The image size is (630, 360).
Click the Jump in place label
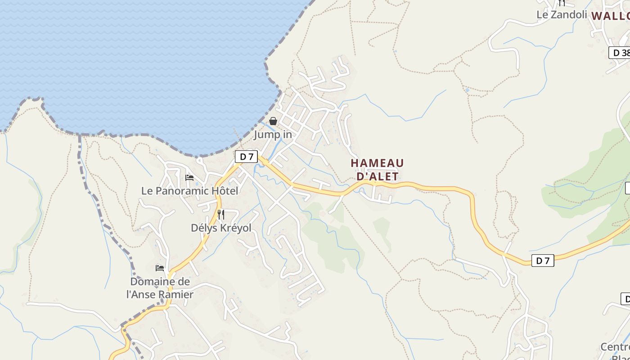(x=273, y=135)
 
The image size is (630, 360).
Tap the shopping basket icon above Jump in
(x=273, y=121)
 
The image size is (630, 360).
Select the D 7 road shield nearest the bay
(x=246, y=157)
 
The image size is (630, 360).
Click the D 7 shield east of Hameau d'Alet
(x=543, y=261)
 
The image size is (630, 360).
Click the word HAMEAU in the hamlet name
(x=377, y=163)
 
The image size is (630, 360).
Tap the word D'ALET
(x=378, y=176)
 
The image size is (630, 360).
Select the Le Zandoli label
(x=562, y=15)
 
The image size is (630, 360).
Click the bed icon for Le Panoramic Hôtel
(x=189, y=178)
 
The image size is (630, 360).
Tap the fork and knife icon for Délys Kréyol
(x=220, y=214)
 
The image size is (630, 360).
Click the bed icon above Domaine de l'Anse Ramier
(x=160, y=268)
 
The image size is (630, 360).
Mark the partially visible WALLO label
(x=610, y=16)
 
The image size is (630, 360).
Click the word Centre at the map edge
(x=615, y=347)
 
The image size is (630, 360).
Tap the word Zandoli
(x=569, y=15)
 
